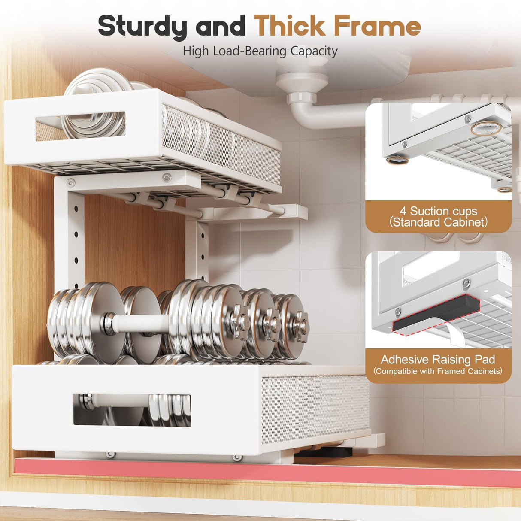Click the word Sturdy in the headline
(142, 26)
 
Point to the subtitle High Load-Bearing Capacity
(260, 51)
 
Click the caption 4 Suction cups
(438, 211)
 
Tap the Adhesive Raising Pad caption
(438, 359)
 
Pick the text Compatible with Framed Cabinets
(438, 371)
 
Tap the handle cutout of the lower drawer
(132, 410)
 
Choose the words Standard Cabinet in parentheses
(438, 222)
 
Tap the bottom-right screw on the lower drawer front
(235, 459)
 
